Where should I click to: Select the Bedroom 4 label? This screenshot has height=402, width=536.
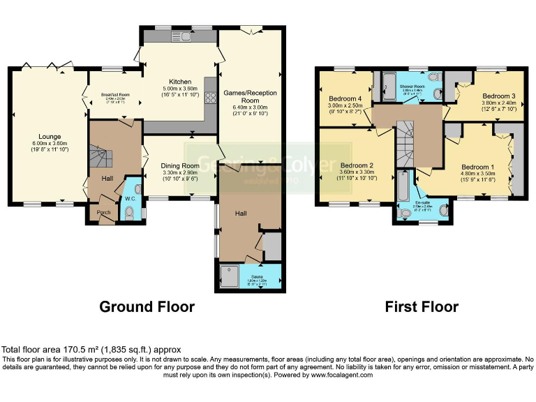(x=345, y=99)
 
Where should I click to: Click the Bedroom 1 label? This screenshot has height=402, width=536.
(x=478, y=167)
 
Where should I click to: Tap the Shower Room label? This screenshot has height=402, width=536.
(x=412, y=87)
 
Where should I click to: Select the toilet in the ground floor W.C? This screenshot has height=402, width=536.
(x=136, y=188)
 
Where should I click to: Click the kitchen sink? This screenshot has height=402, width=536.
(x=178, y=36)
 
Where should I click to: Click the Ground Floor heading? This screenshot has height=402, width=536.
(x=147, y=306)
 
